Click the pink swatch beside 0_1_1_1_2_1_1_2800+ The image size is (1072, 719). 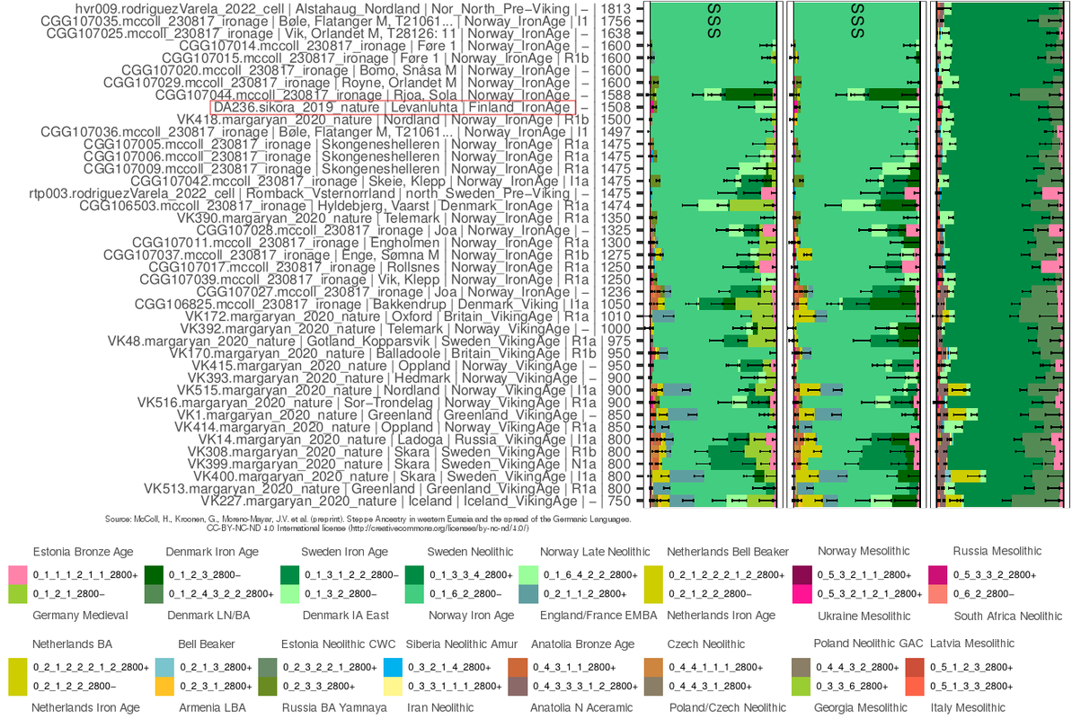16,573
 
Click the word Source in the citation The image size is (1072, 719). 120,519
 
